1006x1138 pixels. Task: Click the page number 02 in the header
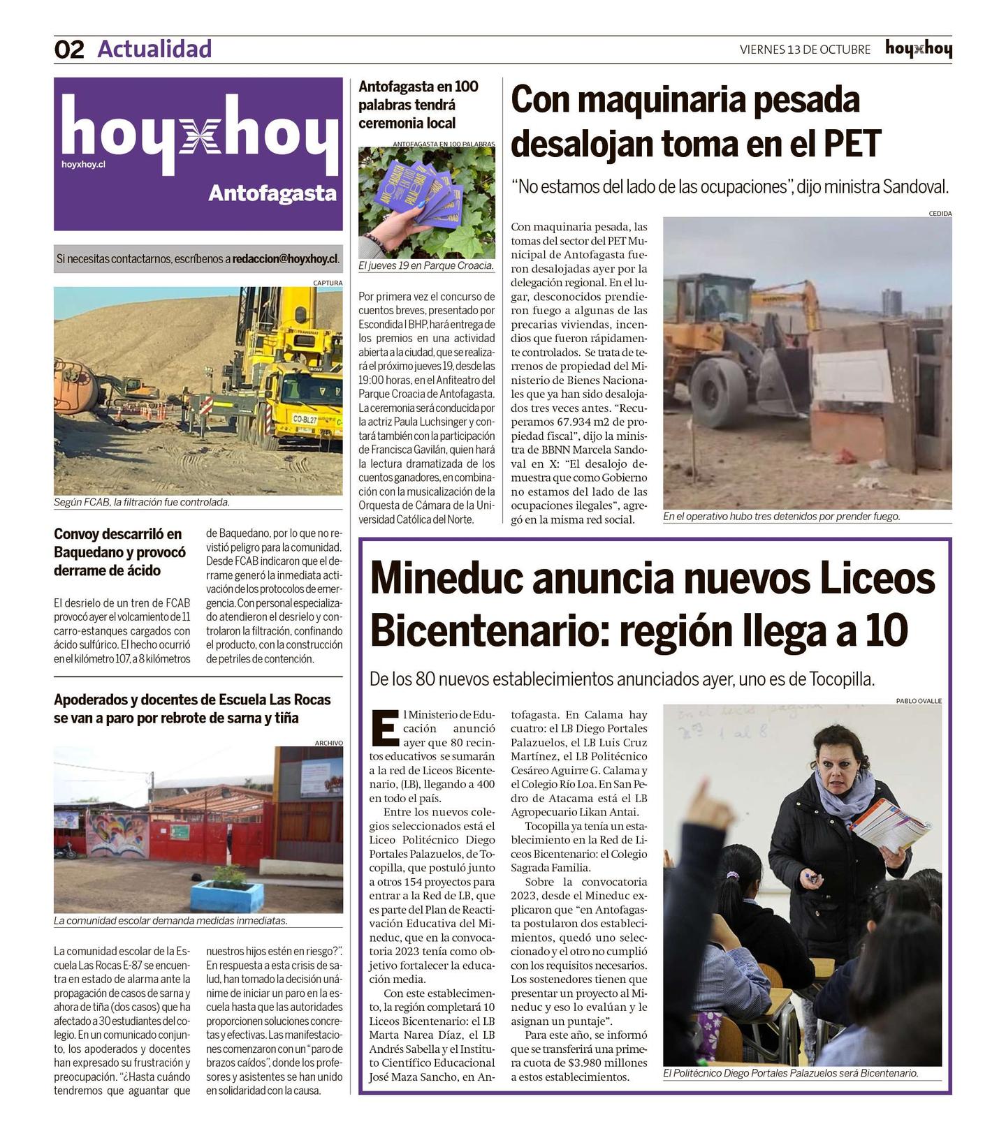69,50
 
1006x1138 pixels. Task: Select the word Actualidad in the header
154,49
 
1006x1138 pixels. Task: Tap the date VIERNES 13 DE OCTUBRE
805,50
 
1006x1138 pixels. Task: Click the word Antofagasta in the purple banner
272,193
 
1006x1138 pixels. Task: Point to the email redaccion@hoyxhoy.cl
285,258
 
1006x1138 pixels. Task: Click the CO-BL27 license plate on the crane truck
305,420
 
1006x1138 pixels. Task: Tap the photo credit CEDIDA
940,214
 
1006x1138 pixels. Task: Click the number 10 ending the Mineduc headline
886,630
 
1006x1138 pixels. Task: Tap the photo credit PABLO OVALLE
919,701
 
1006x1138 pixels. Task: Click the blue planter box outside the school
228,896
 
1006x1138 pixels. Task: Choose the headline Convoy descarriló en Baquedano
120,552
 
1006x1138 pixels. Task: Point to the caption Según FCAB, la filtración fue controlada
142,502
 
